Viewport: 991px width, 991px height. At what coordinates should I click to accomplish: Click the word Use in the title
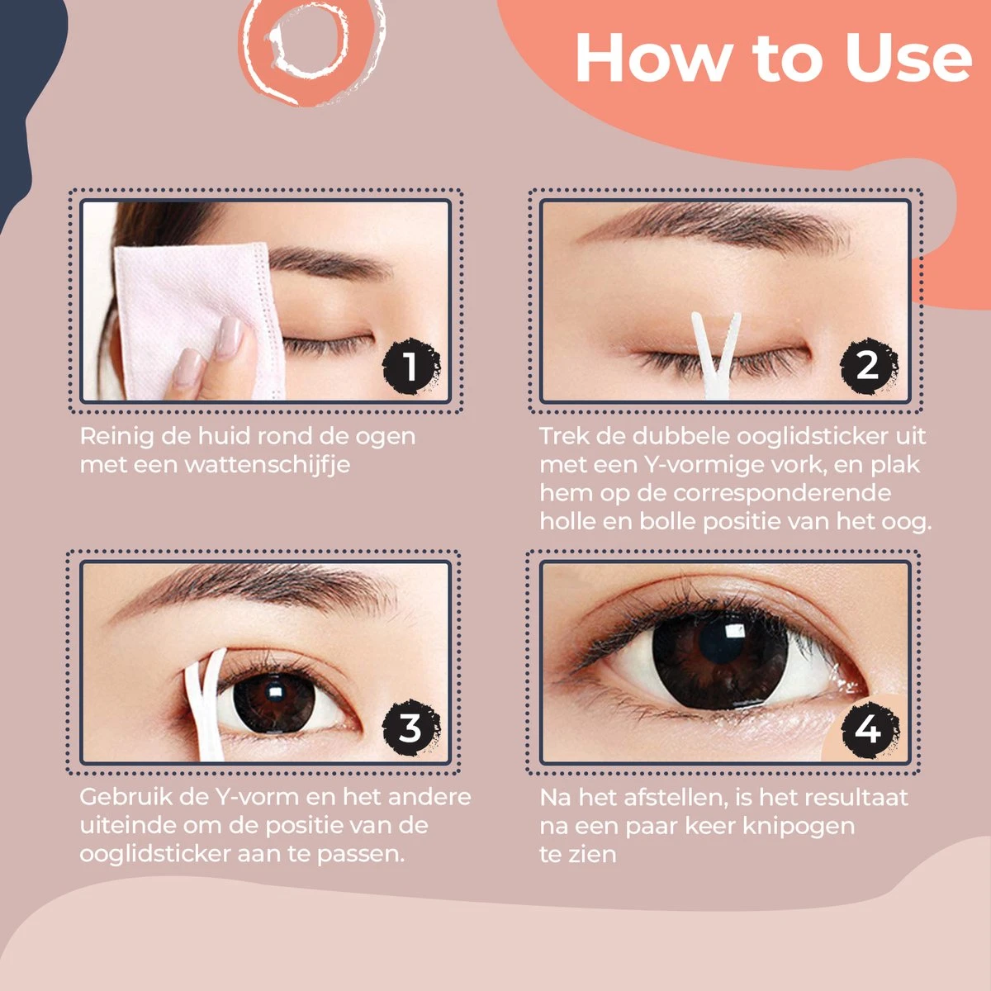[908, 58]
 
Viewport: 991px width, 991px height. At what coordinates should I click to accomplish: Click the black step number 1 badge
[411, 366]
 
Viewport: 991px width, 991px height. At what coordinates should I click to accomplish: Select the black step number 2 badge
[869, 366]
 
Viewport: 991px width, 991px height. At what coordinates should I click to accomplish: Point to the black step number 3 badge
[411, 728]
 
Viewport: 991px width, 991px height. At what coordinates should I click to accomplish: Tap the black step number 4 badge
[869, 729]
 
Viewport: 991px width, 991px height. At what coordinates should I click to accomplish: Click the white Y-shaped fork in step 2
[716, 355]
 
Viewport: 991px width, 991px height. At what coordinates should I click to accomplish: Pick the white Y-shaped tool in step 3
[206, 705]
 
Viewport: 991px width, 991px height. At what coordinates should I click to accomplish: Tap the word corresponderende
[781, 493]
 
